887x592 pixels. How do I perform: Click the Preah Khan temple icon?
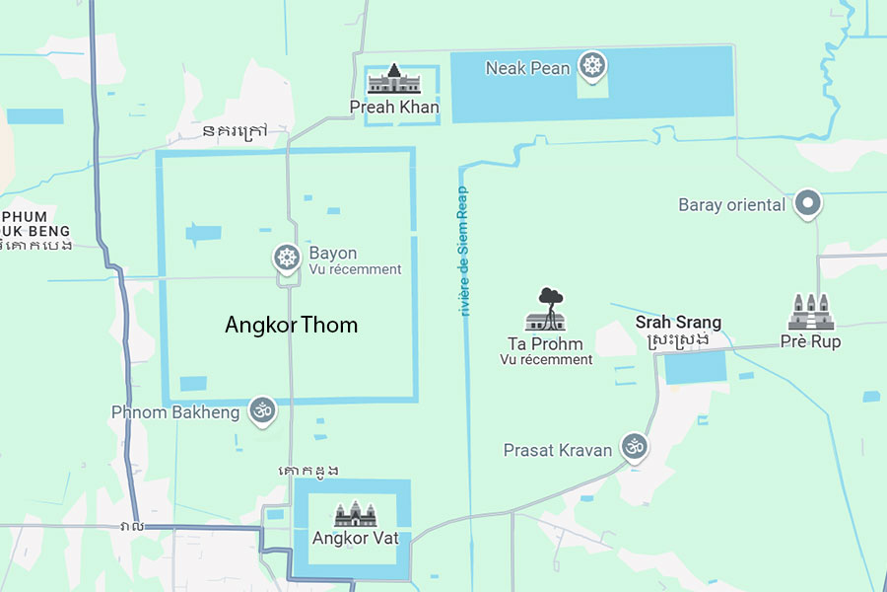point(394,79)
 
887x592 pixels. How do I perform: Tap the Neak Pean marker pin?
point(592,67)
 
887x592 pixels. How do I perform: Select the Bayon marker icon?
point(286,259)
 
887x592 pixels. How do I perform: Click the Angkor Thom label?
point(291,325)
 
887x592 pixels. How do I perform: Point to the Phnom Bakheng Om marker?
point(261,410)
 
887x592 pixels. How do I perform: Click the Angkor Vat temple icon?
point(355,514)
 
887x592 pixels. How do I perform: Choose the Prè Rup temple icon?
point(810,313)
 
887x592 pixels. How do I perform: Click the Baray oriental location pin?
point(808,204)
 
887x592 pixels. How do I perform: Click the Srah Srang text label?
point(678,323)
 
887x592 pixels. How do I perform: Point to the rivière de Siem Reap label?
point(463,251)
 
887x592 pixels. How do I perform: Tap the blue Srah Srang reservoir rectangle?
point(695,368)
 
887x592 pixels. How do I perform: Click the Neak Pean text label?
point(527,68)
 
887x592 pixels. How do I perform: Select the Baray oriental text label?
point(731,205)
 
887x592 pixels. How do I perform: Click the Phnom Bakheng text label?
point(174,411)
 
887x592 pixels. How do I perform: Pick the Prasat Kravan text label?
point(558,450)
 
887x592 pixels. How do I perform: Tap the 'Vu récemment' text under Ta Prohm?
point(546,360)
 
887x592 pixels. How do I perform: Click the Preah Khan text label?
point(394,107)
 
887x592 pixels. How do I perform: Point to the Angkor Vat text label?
point(355,539)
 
